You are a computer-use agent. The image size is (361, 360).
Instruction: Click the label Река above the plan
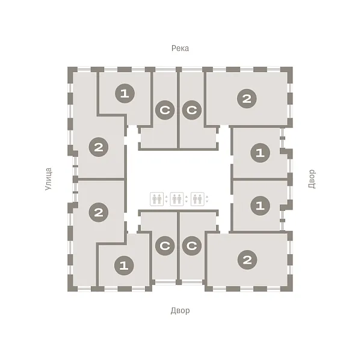click(x=180, y=48)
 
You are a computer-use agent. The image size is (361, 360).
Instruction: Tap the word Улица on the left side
click(x=48, y=179)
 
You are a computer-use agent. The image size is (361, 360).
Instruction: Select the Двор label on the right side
click(x=312, y=179)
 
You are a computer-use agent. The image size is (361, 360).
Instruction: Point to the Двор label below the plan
click(x=180, y=311)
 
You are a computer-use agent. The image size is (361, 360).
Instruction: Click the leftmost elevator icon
click(x=157, y=199)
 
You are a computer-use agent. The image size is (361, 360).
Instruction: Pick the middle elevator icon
click(x=177, y=199)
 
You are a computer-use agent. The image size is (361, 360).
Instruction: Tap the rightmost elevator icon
click(x=197, y=199)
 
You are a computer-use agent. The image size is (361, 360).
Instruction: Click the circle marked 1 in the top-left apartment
click(x=125, y=93)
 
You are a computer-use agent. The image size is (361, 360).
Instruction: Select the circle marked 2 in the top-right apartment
click(x=247, y=99)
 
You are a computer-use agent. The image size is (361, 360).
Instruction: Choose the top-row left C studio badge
click(x=165, y=110)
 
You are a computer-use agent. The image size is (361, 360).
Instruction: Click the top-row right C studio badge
click(x=191, y=110)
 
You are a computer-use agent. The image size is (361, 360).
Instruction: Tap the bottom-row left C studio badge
click(x=165, y=246)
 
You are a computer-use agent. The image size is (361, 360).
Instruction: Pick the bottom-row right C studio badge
click(x=191, y=246)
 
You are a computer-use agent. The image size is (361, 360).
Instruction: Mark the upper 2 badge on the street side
click(x=99, y=147)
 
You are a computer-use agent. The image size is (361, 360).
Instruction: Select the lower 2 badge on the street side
click(x=99, y=212)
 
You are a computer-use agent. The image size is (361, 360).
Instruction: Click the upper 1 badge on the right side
click(x=260, y=153)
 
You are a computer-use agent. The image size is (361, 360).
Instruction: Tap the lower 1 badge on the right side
click(x=260, y=206)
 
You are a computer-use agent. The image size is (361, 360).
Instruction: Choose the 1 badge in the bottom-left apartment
click(x=124, y=266)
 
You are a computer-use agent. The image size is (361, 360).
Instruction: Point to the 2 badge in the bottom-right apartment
click(x=247, y=260)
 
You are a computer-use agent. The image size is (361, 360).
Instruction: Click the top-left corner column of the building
click(x=72, y=73)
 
